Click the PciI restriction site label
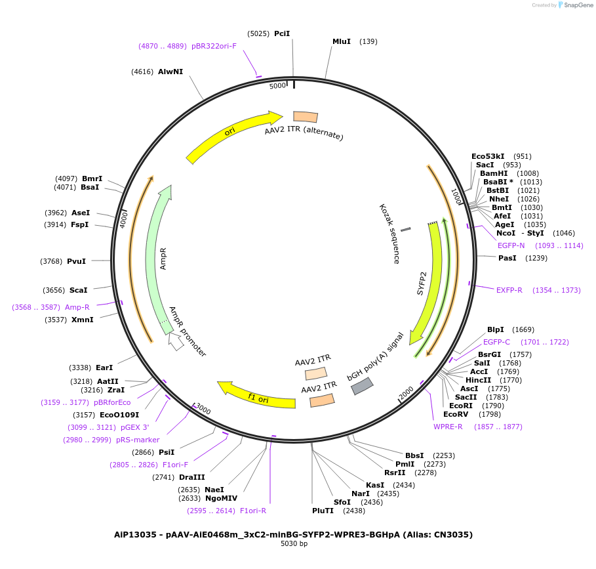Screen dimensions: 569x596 click(x=282, y=33)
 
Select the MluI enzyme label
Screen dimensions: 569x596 click(x=342, y=41)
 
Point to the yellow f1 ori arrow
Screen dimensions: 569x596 click(x=256, y=395)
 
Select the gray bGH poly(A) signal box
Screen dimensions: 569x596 click(x=362, y=387)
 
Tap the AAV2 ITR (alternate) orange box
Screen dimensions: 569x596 click(x=305, y=117)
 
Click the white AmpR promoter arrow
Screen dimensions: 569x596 click(x=176, y=342)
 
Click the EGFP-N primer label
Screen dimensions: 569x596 click(x=511, y=245)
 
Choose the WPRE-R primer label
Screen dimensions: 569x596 click(x=448, y=427)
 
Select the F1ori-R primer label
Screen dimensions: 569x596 click(x=253, y=511)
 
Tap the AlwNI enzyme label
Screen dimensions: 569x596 click(x=170, y=72)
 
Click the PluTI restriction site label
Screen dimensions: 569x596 click(x=323, y=511)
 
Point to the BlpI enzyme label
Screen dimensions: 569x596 click(x=495, y=329)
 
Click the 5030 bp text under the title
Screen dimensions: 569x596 click(x=294, y=543)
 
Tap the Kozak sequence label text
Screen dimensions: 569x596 click(x=389, y=234)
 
